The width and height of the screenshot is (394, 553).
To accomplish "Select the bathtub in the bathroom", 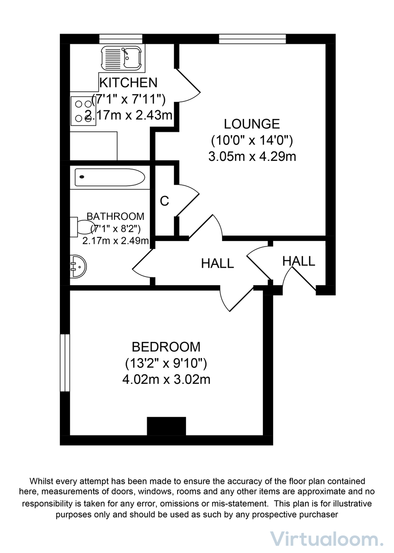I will click(x=110, y=177).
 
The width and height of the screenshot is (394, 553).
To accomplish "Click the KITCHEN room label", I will click(x=129, y=83).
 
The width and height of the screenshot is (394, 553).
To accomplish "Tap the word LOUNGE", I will click(x=252, y=124).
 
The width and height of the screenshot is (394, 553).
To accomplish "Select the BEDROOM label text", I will click(x=166, y=347).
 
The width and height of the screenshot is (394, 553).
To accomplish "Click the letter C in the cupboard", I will click(x=164, y=201).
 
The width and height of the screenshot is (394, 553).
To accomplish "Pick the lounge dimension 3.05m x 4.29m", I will click(x=252, y=157).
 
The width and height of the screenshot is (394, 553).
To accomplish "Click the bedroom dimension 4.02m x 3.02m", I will click(x=166, y=380).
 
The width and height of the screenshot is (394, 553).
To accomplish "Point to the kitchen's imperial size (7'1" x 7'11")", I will click(x=129, y=99).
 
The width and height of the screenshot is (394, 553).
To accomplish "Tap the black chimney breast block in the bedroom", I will click(x=166, y=426).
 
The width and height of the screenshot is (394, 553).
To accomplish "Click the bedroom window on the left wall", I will click(x=65, y=363).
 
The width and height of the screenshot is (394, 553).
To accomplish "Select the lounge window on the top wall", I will click(x=252, y=39).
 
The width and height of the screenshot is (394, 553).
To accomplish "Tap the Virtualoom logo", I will click(x=326, y=538).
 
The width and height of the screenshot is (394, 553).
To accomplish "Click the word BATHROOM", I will click(x=115, y=216).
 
